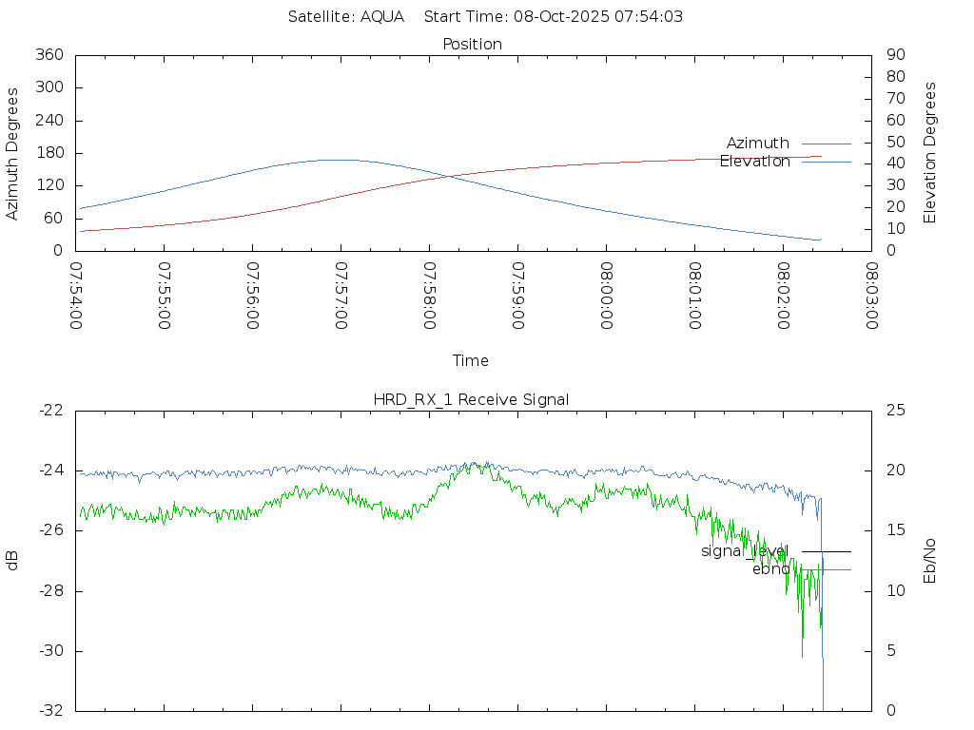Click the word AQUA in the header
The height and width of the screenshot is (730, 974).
tap(382, 16)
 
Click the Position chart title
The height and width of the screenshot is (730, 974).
tap(473, 44)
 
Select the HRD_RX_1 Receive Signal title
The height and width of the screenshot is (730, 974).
tap(471, 399)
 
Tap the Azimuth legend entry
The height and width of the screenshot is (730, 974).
tap(758, 143)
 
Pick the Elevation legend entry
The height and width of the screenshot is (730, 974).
tap(754, 162)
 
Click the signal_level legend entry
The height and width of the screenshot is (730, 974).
tap(745, 550)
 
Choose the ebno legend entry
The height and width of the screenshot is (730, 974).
tap(770, 569)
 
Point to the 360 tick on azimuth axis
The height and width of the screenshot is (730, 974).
tap(49, 55)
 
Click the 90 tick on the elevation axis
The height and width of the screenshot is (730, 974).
tap(894, 55)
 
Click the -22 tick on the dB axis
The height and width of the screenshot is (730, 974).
tap(50, 410)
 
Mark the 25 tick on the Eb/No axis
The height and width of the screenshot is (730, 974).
tap(894, 410)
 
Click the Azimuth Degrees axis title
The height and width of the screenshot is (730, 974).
tap(13, 153)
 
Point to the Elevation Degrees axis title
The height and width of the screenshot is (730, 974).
tap(930, 153)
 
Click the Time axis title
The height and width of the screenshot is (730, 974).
tap(471, 360)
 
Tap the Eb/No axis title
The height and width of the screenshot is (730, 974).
tap(930, 560)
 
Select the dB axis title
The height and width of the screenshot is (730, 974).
tap(13, 560)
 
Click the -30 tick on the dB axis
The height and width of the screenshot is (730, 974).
tap(50, 651)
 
